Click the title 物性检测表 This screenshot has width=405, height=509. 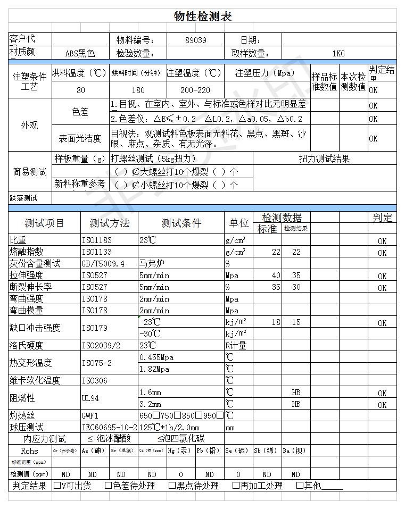pos(202,16)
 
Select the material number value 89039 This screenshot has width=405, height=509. pos(196,40)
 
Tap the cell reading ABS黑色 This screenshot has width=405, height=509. pos(80,53)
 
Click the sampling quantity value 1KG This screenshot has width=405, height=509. pos(338,53)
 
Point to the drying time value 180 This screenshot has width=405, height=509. pos(138,90)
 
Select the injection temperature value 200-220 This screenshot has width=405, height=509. pos(195,90)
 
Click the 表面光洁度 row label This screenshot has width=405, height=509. pos(80,138)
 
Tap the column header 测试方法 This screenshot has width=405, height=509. pos(109,223)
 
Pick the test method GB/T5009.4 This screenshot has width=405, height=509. pos(103,263)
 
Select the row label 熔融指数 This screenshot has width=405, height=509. pos(26,252)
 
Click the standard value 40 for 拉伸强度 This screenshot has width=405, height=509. pos(276,276)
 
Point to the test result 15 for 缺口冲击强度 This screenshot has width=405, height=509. pos(296,322)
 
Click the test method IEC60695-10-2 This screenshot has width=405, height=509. pos(110,428)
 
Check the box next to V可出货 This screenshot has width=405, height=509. pos(57,485)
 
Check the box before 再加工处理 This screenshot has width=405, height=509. pos(236,485)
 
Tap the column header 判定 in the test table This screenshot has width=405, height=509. pos(382,218)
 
